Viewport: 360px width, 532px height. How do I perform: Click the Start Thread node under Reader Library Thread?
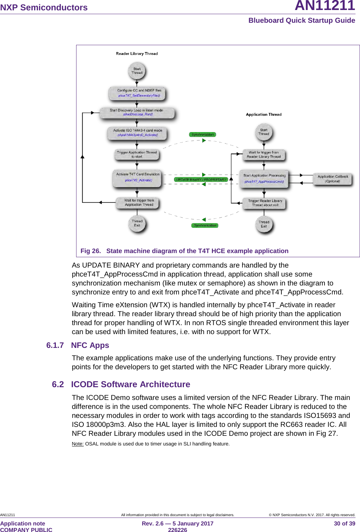[137, 71]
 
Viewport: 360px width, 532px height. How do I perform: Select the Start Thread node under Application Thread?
[264, 132]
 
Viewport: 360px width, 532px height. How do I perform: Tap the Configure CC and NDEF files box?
[137, 93]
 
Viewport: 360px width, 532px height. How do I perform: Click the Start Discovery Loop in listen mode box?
[137, 112]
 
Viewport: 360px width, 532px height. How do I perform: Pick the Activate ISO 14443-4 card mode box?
[137, 133]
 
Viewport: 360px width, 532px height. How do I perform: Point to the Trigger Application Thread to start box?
[137, 154]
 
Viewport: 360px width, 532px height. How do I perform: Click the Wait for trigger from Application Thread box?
[137, 203]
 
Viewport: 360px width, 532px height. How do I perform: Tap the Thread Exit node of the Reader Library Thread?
[137, 223]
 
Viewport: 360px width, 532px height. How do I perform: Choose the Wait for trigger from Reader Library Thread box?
[264, 154]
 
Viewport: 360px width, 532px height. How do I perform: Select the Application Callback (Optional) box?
[333, 179]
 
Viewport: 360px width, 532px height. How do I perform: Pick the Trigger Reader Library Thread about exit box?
[265, 203]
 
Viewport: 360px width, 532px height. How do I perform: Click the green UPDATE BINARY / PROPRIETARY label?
[201, 180]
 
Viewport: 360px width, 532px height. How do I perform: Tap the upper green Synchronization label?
[203, 134]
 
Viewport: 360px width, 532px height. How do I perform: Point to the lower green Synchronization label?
[205, 225]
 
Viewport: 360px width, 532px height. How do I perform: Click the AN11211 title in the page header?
[325, 6]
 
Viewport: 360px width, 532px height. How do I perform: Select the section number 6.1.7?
[55, 345]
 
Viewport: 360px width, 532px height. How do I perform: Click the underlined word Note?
[78, 444]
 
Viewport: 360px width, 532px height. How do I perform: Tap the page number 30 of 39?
[344, 523]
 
